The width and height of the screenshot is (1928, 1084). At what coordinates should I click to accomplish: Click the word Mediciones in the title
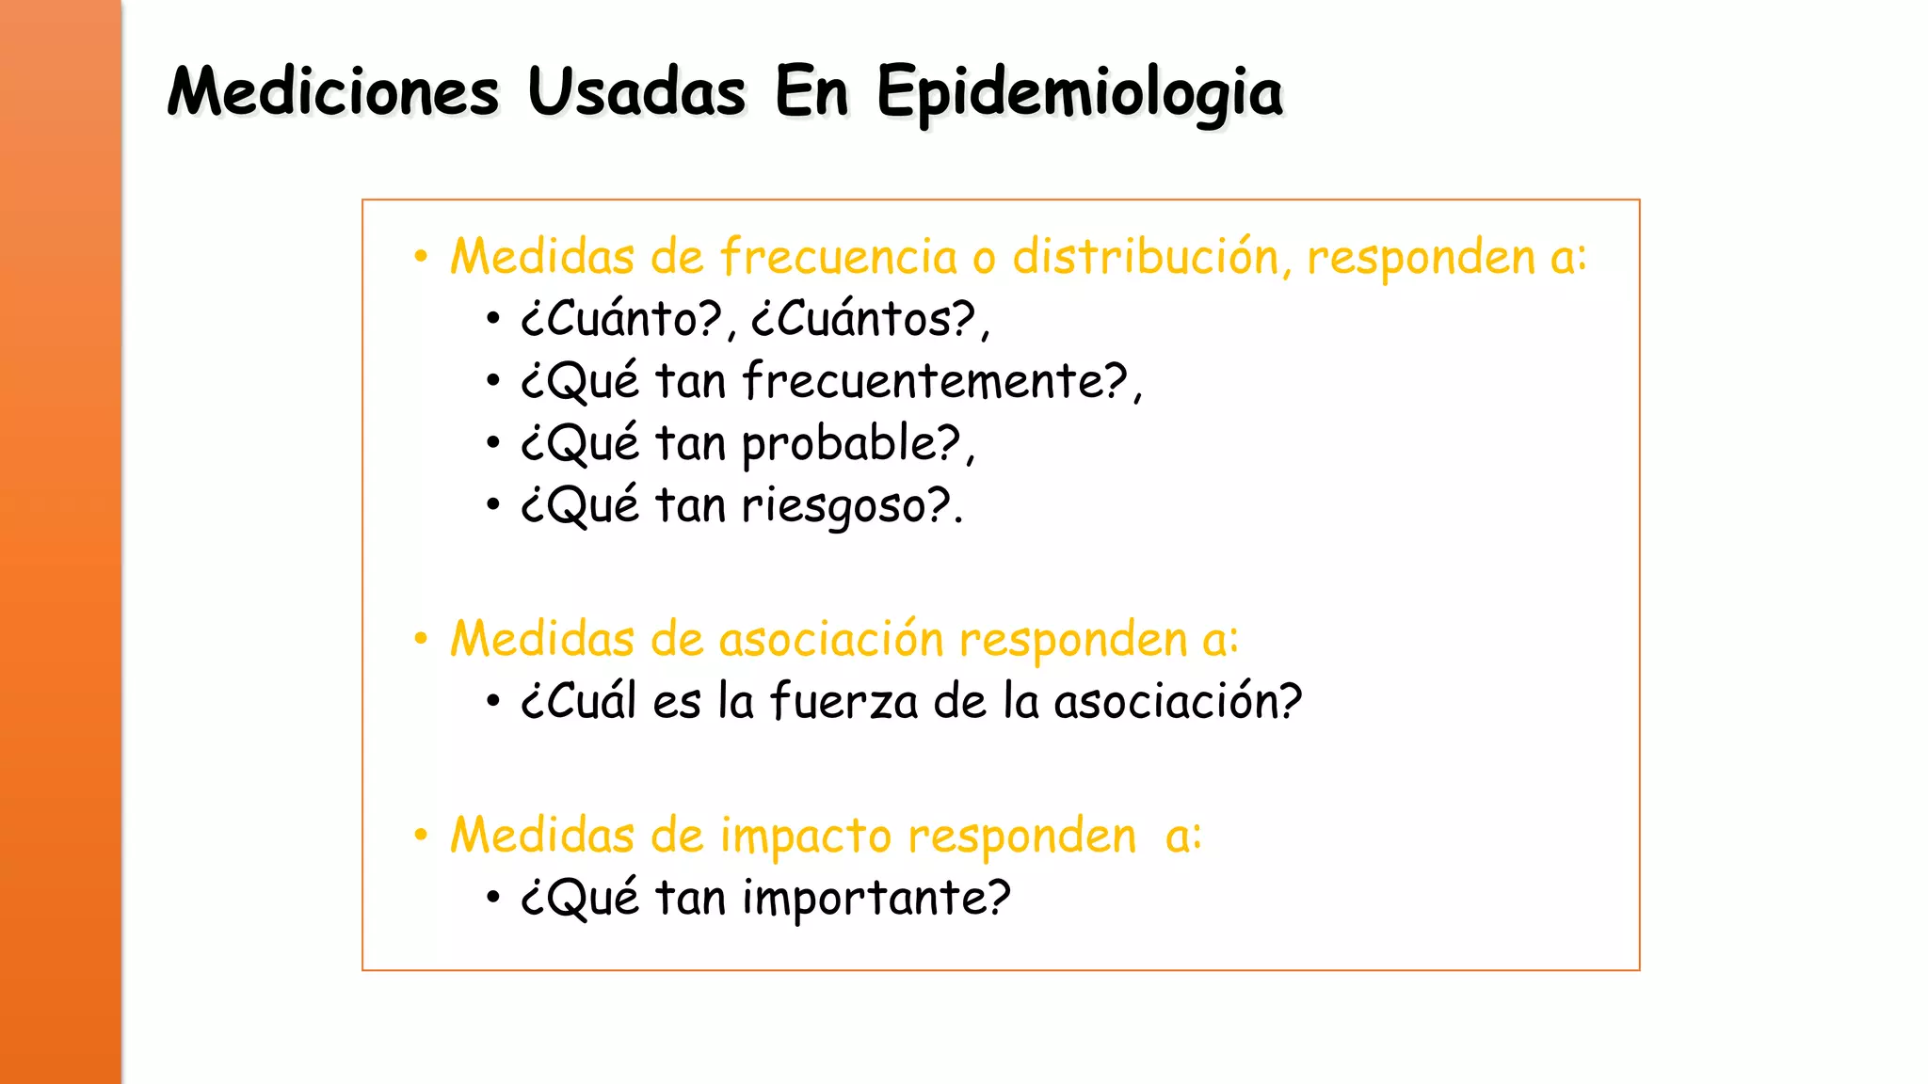click(x=333, y=92)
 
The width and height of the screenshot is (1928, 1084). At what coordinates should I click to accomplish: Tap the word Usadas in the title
click(x=636, y=92)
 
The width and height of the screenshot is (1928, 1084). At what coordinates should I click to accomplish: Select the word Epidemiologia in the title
click(x=1079, y=94)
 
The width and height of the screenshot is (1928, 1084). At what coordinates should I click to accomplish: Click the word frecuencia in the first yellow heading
click(x=839, y=256)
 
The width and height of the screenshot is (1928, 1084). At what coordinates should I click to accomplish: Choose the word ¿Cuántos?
click(x=864, y=319)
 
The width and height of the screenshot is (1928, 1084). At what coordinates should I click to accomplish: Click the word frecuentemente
click(x=934, y=381)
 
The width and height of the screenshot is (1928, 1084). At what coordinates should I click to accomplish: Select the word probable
click(x=850, y=443)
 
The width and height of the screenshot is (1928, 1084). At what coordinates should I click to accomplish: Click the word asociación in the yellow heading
click(x=831, y=639)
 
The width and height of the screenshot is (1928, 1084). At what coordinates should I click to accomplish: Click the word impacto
click(x=806, y=836)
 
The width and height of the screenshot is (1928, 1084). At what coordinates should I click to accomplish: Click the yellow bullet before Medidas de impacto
click(x=421, y=835)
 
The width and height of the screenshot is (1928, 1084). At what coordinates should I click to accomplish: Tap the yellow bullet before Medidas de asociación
click(x=421, y=639)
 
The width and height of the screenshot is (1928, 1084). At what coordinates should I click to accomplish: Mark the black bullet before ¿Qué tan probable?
click(x=492, y=442)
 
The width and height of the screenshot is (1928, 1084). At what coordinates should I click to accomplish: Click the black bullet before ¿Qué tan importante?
click(x=492, y=897)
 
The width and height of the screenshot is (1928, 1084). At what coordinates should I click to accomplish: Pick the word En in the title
click(x=811, y=92)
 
